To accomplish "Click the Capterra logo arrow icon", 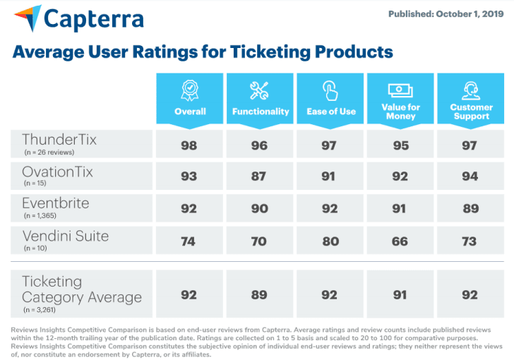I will coord(27,18).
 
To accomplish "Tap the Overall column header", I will coord(189,100).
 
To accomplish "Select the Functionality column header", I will coord(260,100).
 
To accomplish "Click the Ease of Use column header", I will coord(330,100).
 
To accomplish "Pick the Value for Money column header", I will coord(401,100).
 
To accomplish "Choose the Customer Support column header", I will coord(471,100).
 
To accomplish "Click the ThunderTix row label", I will coord(59,139).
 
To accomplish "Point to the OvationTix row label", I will coord(57,172).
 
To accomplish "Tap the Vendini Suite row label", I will coord(65,236).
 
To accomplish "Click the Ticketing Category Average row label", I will coord(81,289).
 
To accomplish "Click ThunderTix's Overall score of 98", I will coord(189,145).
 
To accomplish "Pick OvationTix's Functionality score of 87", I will coord(259,176).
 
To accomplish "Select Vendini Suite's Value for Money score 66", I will coord(400,241).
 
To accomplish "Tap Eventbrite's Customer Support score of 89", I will coord(471,209).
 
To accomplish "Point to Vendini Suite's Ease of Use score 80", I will coord(330,241).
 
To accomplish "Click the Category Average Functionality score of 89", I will coord(259,294).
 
